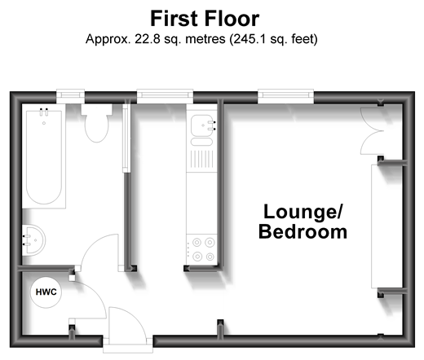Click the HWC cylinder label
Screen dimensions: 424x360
tap(46, 292)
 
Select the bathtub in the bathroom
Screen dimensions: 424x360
tap(44, 157)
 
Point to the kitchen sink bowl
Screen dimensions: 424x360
tap(201, 125)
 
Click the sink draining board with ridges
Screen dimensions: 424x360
tap(201, 160)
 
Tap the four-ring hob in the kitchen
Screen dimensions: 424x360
tap(202, 249)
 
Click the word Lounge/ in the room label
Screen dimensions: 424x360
tap(303, 212)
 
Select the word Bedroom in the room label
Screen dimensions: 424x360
tap(303, 232)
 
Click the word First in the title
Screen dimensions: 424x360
tap(174, 19)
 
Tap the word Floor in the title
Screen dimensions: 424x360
tap(232, 19)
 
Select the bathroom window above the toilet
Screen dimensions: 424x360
tap(70, 95)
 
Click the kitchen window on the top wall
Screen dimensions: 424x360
tap(165, 95)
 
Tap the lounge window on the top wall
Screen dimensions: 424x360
tap(285, 95)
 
